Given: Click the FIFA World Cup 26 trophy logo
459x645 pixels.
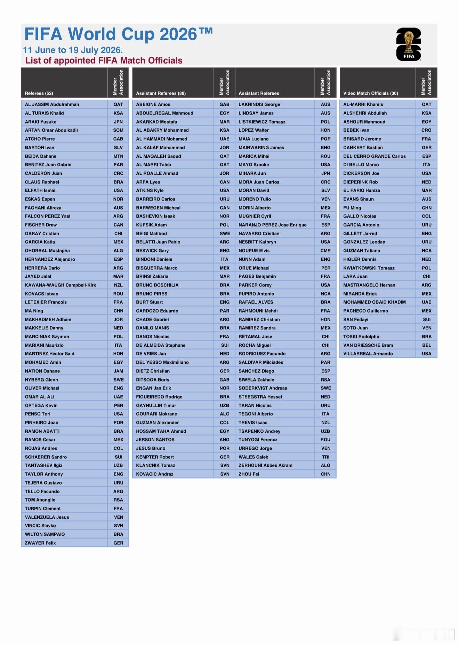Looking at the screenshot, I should coord(409,44).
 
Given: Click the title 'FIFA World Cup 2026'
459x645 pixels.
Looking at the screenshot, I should coord(118,34).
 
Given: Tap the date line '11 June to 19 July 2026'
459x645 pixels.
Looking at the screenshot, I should coord(73,50).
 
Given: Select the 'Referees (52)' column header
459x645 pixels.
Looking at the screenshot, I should coord(39,93).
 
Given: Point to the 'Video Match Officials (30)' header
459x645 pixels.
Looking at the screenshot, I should coord(370,93).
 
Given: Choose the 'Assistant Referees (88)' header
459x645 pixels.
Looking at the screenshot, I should coord(161,93).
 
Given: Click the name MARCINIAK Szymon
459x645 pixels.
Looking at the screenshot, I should coord(47,337).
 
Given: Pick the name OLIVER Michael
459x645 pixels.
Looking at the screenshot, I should coord(42,388).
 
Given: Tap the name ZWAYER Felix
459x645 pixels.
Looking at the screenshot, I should coord(40,543).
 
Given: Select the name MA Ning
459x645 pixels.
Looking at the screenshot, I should coord(34,311).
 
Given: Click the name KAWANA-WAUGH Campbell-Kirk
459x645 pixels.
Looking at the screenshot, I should coord(61,285).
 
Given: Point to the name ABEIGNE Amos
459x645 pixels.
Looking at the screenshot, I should coord(153,104).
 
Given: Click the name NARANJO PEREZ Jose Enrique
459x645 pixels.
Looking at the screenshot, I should coord(273,225).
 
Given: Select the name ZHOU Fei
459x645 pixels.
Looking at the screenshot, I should coord(249,474).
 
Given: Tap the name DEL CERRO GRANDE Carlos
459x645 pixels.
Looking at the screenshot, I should coord(374,156).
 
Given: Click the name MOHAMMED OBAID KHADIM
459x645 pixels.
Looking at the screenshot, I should coord(374,302).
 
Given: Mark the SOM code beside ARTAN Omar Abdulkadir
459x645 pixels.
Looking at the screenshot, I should coord(118,130).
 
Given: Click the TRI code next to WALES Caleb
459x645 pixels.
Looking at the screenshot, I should coord(325,457).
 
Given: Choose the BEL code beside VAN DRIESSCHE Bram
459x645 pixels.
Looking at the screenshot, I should coord(426,345).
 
